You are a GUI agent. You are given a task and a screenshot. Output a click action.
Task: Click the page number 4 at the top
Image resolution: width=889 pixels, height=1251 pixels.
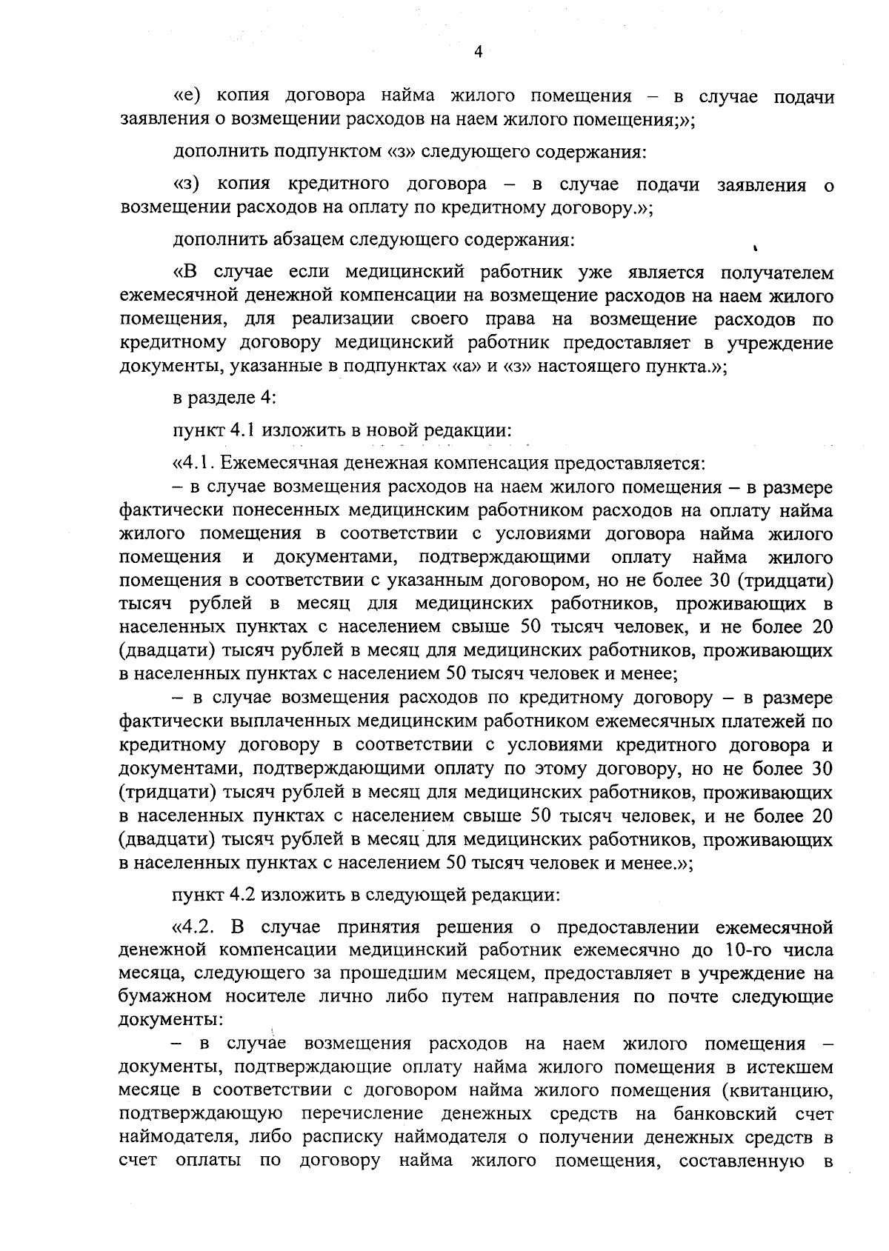tap(478, 52)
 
